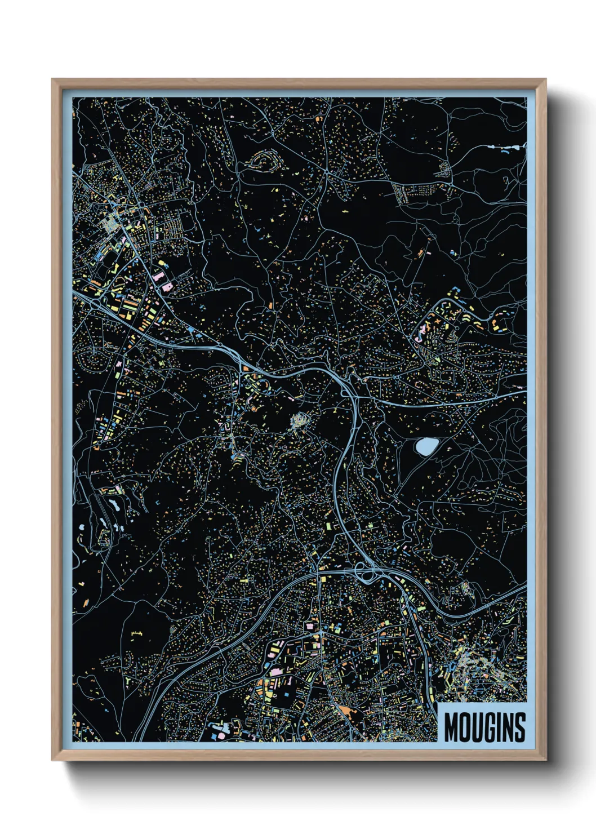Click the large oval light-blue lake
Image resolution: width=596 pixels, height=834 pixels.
coord(425,447)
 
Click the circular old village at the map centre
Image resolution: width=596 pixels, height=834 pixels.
coord(299,420)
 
